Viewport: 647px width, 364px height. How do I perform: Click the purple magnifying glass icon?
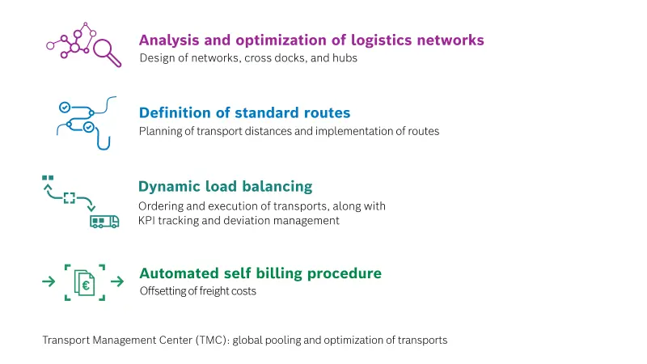tap(107, 52)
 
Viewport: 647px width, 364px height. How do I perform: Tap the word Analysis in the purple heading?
tap(169, 40)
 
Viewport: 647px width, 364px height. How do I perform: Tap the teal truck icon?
tap(104, 222)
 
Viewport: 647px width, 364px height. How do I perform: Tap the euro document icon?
tap(85, 283)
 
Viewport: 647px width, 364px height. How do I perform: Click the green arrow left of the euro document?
tap(49, 281)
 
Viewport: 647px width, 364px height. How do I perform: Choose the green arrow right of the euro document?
tap(117, 281)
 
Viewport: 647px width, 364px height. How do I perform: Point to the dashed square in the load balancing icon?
tap(70, 198)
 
